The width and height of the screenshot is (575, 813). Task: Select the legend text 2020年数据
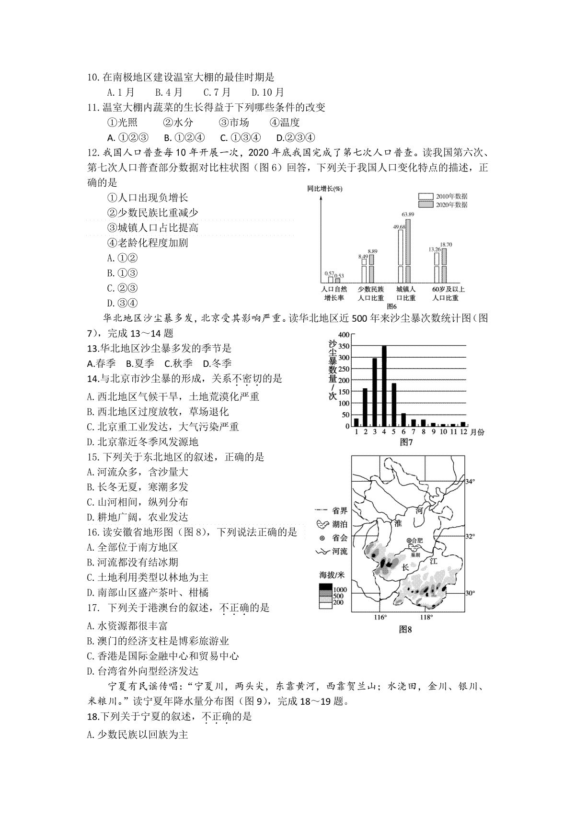click(x=451, y=205)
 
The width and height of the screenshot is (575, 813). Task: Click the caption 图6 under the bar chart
click(x=392, y=306)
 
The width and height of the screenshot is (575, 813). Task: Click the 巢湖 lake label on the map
click(x=415, y=555)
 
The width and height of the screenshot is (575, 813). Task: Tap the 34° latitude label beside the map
click(x=471, y=481)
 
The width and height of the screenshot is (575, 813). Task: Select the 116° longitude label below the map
click(x=380, y=617)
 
